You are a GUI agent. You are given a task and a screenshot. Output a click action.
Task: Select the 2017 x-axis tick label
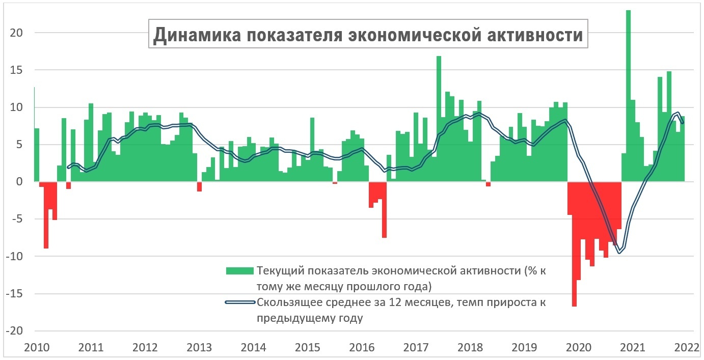pyautogui.click(x=416, y=348)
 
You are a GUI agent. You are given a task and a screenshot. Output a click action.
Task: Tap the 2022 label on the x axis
pyautogui.click(x=686, y=348)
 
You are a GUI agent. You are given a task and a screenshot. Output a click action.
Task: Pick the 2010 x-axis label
pyautogui.click(x=37, y=348)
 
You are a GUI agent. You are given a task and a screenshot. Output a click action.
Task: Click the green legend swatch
pyautogui.click(x=239, y=270)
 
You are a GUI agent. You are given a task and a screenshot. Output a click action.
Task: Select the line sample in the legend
pyautogui.click(x=239, y=302)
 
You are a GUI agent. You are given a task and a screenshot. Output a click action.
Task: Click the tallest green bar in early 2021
pyautogui.click(x=628, y=97)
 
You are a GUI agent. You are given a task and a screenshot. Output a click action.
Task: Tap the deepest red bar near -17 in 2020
pyautogui.click(x=574, y=244)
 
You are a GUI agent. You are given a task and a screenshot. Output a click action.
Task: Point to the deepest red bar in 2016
pyautogui.click(x=384, y=210)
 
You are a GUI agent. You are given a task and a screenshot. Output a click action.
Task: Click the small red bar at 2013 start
pyautogui.click(x=199, y=186)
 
